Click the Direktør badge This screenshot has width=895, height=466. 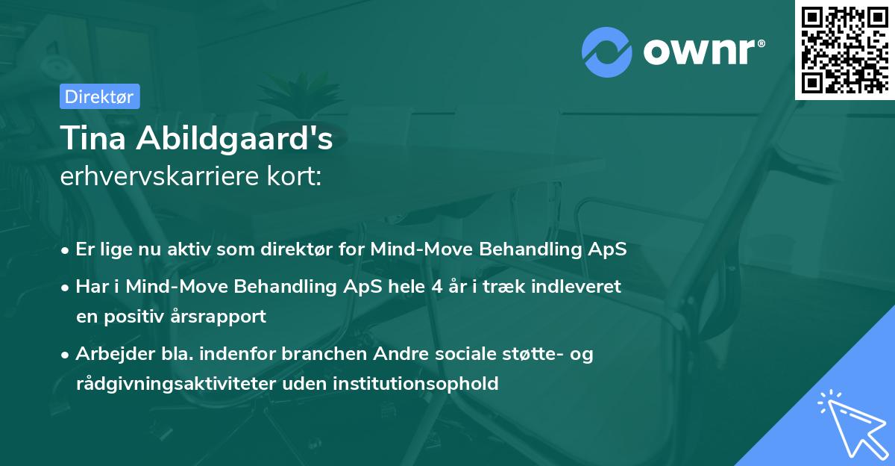99,96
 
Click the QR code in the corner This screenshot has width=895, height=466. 845,49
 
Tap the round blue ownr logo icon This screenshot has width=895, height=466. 607,52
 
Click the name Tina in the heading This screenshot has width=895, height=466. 91,139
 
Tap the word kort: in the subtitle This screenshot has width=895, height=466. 296,176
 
